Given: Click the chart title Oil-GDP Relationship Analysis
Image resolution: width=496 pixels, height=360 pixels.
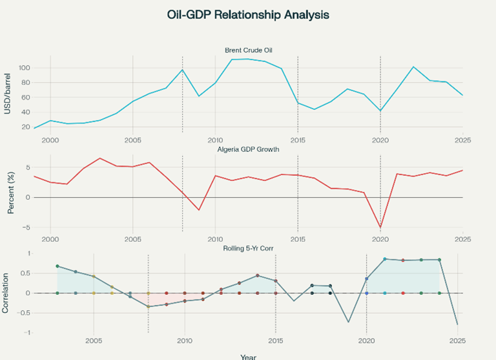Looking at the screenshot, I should pos(247,14).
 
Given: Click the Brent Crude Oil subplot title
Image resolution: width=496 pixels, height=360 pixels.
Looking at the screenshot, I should pos(247,50).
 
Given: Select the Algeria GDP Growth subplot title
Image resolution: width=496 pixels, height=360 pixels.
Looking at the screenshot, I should pos(247,149).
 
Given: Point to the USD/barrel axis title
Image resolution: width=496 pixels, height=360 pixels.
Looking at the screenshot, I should pos(8,92).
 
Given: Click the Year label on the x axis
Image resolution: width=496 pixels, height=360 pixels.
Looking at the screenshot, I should pos(247,355).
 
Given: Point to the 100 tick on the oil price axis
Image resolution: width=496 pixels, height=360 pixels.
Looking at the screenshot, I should pos(25,68).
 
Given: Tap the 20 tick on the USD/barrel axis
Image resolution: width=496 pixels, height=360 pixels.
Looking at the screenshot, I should pos(26,127).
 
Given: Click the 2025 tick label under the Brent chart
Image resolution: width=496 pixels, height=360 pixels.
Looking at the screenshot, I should pos(462,140).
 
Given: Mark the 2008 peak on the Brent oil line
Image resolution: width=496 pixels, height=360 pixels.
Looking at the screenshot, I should pos(182,70).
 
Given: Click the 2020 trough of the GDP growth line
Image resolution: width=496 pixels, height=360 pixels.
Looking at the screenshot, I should pos(380,228).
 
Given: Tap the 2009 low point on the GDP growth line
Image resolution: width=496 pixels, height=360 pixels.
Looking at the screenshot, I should pos(199,210).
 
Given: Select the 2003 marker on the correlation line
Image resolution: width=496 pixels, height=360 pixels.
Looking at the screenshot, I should pos(57,266).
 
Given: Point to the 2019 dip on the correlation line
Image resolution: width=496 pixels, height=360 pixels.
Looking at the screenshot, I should pos(349,322).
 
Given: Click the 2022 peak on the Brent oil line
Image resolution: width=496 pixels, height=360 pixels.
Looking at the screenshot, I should pos(413,67).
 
